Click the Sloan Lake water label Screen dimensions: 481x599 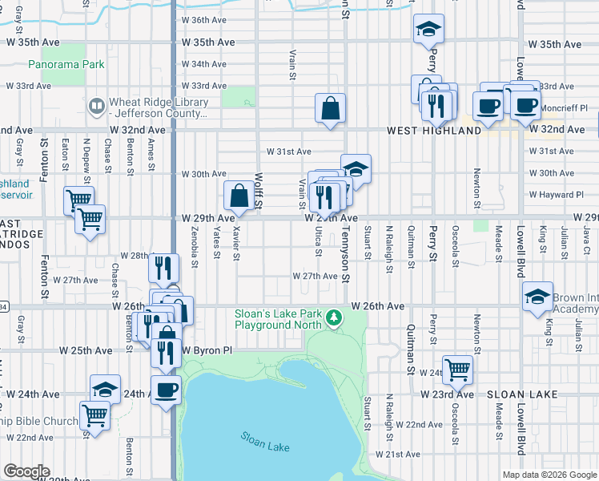coord(264,441)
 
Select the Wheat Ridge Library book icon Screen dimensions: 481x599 coord(96,106)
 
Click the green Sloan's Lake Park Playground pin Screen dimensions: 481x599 coord(333,321)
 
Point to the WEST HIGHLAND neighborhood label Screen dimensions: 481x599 coord(434,130)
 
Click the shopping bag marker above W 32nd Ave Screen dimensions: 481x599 coord(331,108)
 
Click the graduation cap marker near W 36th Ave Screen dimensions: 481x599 coord(428,30)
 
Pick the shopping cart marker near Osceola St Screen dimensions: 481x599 coord(457,370)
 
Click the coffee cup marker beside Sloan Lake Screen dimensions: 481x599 coord(166,390)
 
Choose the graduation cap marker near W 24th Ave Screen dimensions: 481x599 coord(105,390)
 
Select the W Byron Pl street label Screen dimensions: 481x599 coord(206,350)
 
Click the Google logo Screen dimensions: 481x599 coord(26,471)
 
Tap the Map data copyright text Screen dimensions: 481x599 coord(549,475)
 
